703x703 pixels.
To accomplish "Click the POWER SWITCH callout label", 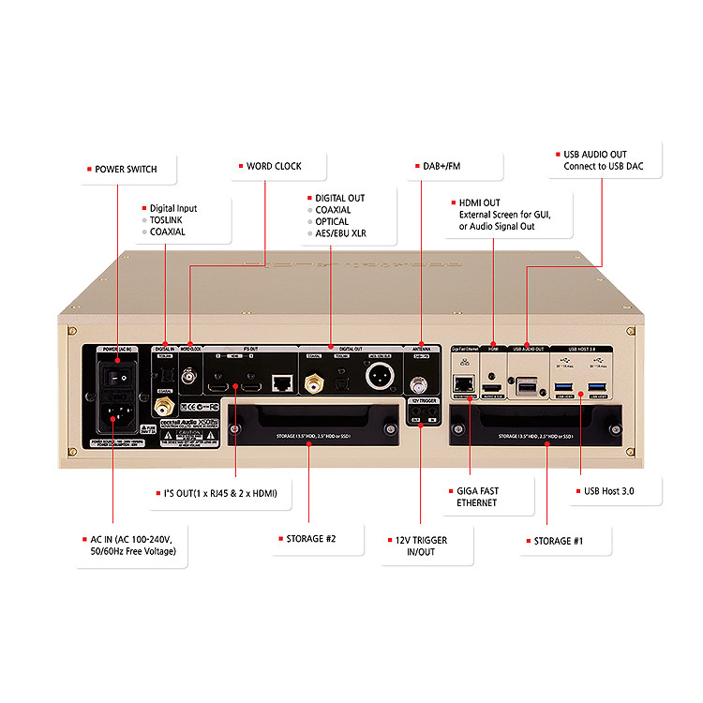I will (126, 170).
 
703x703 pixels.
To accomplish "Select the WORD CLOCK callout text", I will (274, 166).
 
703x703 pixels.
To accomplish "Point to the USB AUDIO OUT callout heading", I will (595, 154).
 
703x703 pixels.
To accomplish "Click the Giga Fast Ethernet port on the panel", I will (463, 383).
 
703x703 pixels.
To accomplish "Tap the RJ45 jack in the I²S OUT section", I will (280, 382).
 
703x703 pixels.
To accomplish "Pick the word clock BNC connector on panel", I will (190, 377).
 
